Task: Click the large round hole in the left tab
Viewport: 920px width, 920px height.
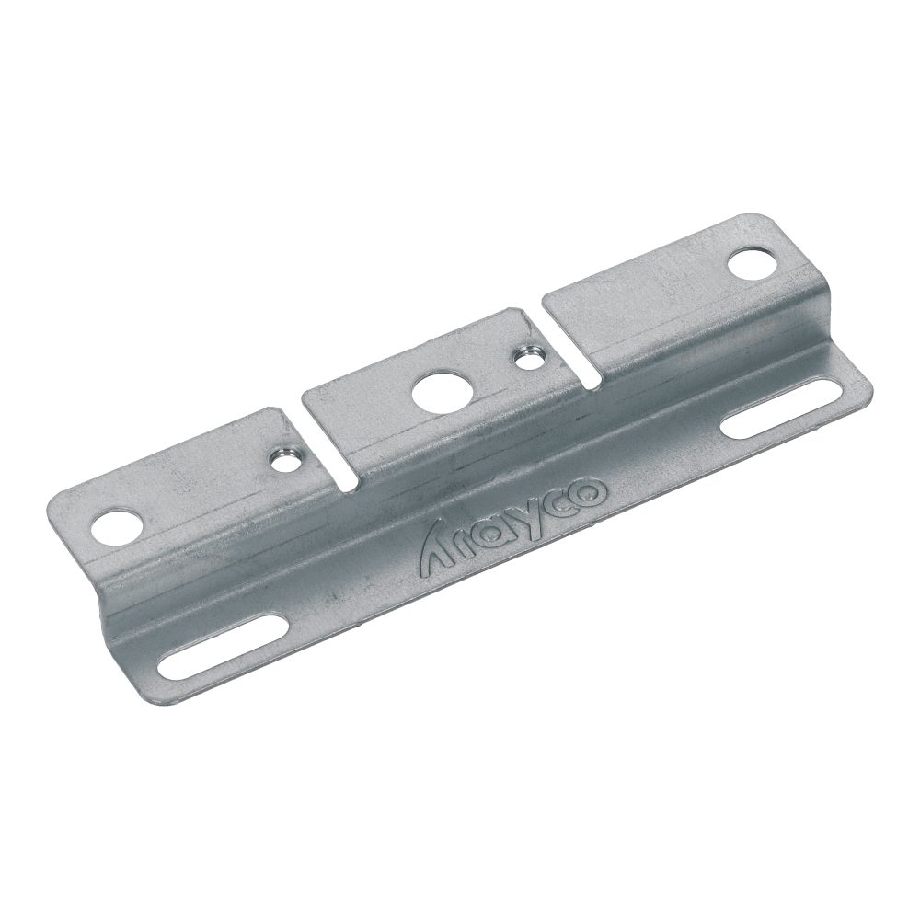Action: (x=119, y=527)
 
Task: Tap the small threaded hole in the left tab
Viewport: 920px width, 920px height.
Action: (x=286, y=456)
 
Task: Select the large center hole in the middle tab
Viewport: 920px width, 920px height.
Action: (x=432, y=393)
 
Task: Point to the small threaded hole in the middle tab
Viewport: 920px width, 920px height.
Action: (x=527, y=353)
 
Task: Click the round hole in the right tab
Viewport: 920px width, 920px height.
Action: (x=751, y=262)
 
